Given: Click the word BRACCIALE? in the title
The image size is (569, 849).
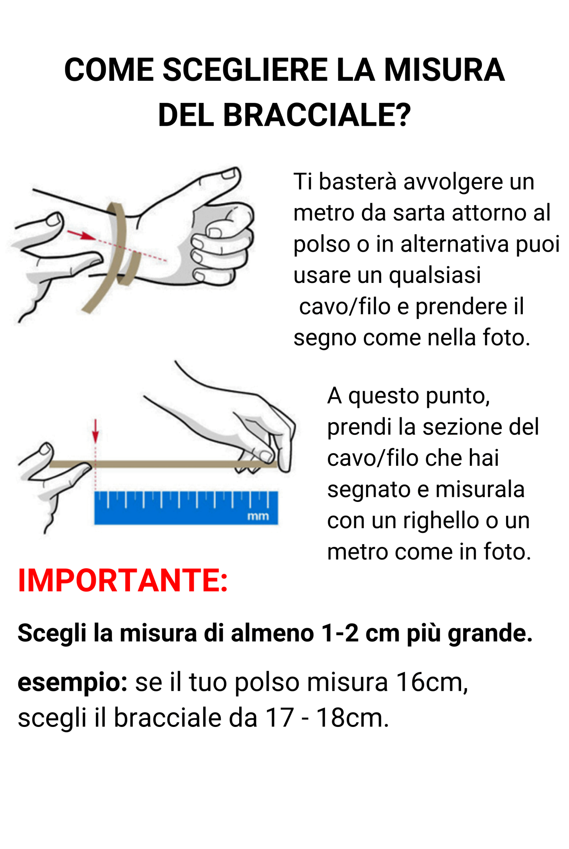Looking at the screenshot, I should coord(317,115).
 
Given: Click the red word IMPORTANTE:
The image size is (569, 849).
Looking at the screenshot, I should coord(123,580).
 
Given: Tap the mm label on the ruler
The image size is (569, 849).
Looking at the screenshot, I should coord(258,517).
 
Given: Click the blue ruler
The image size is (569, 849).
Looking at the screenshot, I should coord(186,507).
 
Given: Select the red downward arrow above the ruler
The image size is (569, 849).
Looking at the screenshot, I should coord(95,432).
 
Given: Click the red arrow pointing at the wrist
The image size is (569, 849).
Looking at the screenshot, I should coord(81,235).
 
